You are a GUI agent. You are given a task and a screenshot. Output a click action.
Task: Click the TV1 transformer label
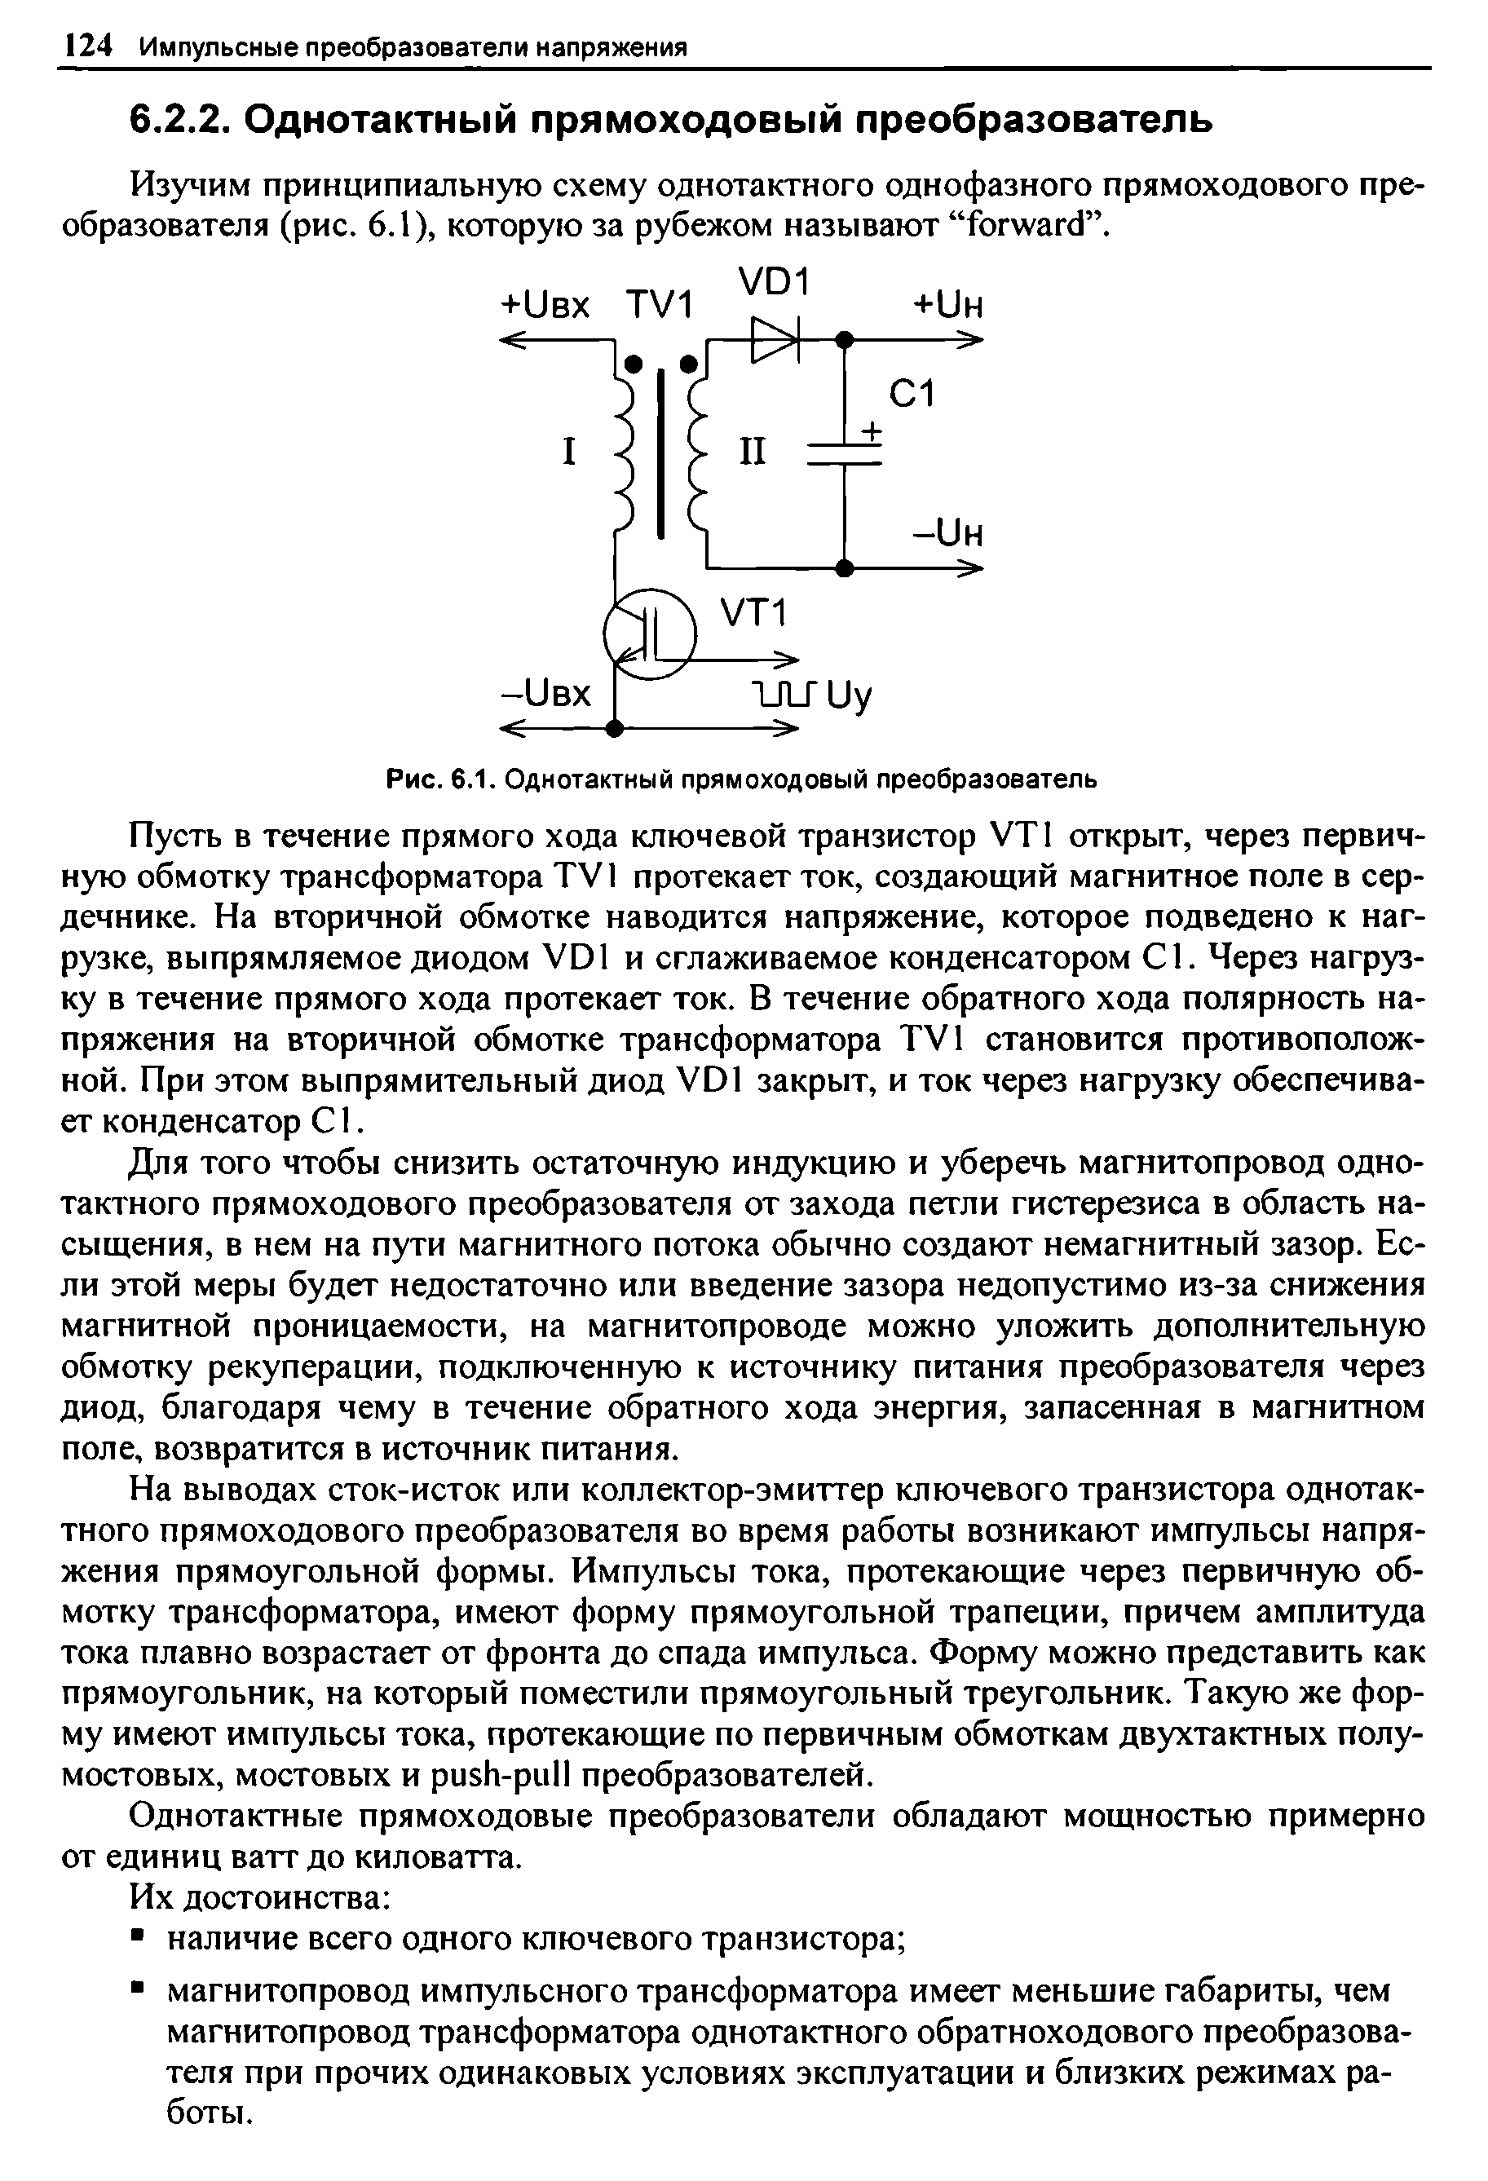pos(659,305)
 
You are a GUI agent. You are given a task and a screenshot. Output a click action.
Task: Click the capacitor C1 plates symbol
pos(845,455)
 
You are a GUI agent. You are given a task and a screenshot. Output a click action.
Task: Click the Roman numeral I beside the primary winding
pos(567,453)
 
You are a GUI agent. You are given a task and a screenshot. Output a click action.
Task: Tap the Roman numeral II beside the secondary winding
pos(752,453)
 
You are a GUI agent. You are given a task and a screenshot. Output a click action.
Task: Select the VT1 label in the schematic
pos(753,615)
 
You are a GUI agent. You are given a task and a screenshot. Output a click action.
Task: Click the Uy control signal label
pos(852,695)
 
